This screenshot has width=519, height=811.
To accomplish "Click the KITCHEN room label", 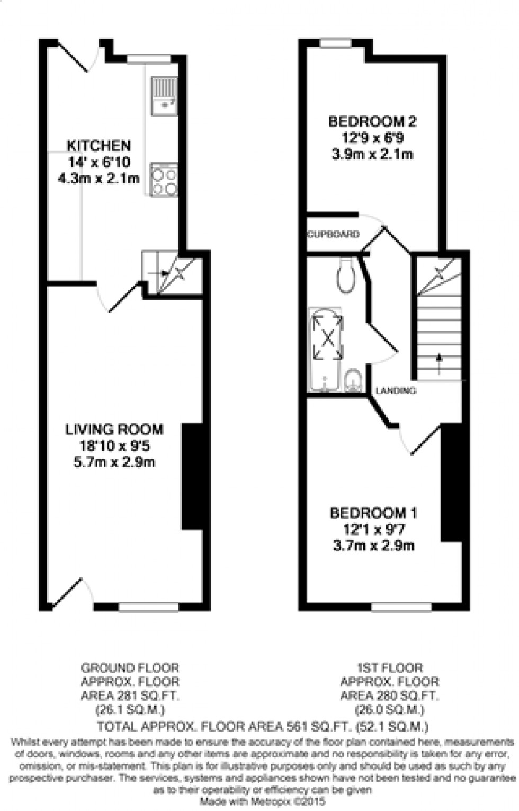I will pos(99,145).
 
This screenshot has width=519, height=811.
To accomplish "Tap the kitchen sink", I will pos(164,96).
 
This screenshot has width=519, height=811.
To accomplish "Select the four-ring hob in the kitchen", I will pos(164,181).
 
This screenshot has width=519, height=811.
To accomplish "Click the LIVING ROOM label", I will pos(114,429).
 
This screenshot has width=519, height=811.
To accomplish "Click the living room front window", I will pos(148,607).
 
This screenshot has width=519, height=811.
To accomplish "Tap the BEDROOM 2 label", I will pos(372,121).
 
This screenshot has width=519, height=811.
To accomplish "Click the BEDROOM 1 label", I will pos(373,513).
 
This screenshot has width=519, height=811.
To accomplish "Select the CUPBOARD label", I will pos(334,234).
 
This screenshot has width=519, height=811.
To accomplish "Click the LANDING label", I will pos(395,391).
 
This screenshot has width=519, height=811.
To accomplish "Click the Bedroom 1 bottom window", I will pos(400,607).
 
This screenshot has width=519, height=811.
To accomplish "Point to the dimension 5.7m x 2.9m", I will pos(114,462).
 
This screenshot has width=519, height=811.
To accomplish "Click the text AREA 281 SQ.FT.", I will pos(130,696).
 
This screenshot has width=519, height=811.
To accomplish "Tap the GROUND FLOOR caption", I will pos(130,668).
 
